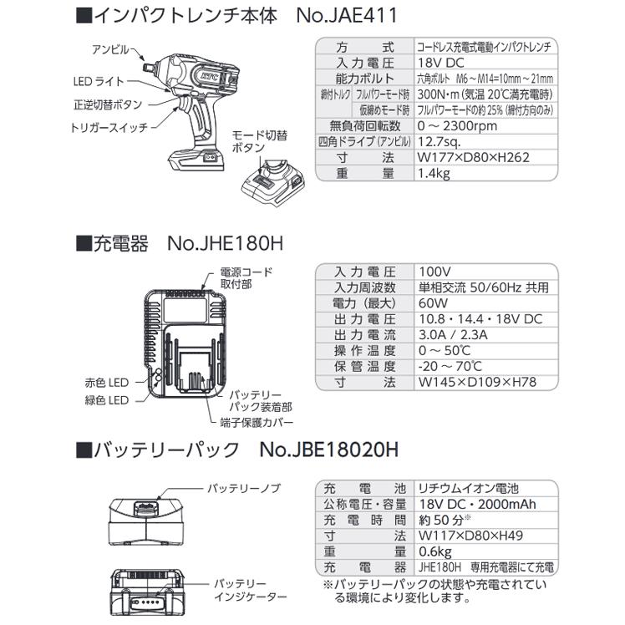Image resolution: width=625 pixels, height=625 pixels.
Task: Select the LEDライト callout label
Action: click(97, 79)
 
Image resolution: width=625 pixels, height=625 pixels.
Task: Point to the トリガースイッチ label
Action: click(109, 126)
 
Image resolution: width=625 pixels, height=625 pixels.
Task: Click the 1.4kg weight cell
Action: click(434, 173)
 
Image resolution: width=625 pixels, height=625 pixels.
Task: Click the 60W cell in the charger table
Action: click(430, 303)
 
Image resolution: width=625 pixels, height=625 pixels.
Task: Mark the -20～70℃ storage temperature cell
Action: click(450, 367)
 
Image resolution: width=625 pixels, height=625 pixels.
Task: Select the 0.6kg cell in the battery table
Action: click(434, 551)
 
